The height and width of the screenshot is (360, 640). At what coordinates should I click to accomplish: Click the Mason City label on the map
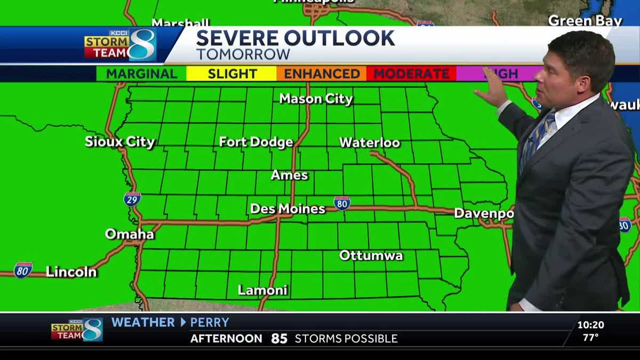pyautogui.click(x=316, y=99)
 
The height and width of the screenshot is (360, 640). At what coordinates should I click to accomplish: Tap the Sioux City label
pyautogui.click(x=119, y=142)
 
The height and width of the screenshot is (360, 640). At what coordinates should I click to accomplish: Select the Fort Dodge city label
pyautogui.click(x=256, y=142)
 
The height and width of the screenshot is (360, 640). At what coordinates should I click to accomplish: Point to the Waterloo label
pyautogui.click(x=370, y=142)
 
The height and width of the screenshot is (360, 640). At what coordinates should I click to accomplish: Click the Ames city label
pyautogui.click(x=289, y=175)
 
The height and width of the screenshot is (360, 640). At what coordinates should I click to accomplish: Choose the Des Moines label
pyautogui.click(x=287, y=209)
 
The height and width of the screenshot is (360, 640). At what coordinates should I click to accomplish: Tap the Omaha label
pyautogui.click(x=129, y=234)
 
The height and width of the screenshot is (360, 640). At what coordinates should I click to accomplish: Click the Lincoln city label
pyautogui.click(x=71, y=272)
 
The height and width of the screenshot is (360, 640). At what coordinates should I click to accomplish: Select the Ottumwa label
pyautogui.click(x=371, y=255)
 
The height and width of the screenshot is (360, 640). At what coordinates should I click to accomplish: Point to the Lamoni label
pyautogui.click(x=262, y=290)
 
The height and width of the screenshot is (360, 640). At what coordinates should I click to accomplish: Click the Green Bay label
pyautogui.click(x=585, y=21)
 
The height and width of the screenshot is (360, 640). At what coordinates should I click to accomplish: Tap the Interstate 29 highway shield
pyautogui.click(x=132, y=199)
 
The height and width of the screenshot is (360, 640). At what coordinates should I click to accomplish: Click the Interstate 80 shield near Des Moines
pyautogui.click(x=342, y=203)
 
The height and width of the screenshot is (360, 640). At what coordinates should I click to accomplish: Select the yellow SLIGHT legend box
pyautogui.click(x=231, y=74)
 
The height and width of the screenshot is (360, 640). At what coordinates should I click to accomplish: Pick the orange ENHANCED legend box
pyautogui.click(x=322, y=74)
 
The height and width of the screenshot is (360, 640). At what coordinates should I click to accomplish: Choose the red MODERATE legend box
pyautogui.click(x=411, y=74)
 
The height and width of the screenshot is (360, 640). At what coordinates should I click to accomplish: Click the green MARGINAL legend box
pyautogui.click(x=141, y=74)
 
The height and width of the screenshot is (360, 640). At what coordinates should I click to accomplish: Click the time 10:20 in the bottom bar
pyautogui.click(x=590, y=324)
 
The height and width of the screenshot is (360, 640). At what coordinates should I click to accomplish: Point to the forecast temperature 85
pyautogui.click(x=279, y=338)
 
